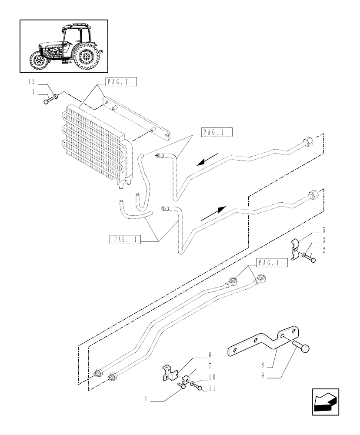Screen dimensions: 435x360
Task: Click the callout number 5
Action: pyautogui.click(x=324, y=229)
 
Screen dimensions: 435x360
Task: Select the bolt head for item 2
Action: pyautogui.click(x=313, y=260)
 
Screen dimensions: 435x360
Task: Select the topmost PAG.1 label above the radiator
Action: pyautogui.click(x=109, y=82)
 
